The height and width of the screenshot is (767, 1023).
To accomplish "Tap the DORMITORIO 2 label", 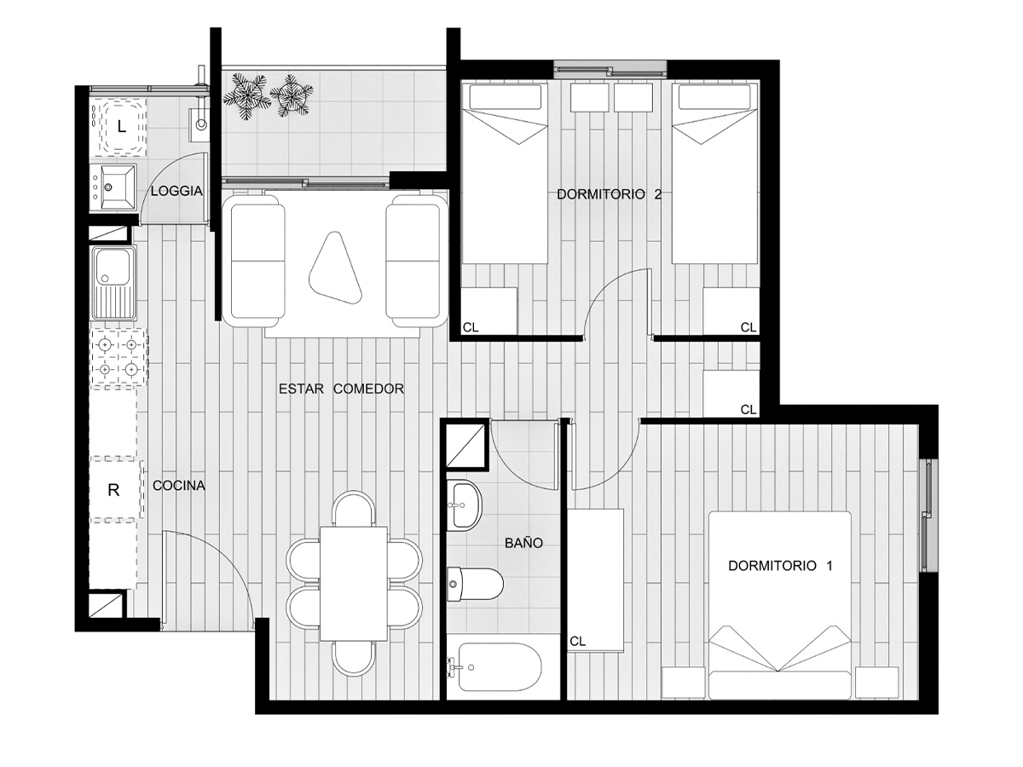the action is (x=609, y=194).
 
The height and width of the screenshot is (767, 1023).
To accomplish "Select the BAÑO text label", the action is (x=523, y=543).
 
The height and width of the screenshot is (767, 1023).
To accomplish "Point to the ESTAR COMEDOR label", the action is (x=341, y=389).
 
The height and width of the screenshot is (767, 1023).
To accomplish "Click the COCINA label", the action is (x=179, y=486).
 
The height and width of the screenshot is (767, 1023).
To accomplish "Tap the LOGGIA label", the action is (x=176, y=191).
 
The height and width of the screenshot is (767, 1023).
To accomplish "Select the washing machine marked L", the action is (x=121, y=127).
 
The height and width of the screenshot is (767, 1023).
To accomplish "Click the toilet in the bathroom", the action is (x=475, y=584).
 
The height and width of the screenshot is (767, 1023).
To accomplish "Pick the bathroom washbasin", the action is (x=465, y=505).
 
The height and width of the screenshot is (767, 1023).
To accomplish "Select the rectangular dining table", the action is (x=354, y=584).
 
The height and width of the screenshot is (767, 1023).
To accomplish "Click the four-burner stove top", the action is (x=119, y=357).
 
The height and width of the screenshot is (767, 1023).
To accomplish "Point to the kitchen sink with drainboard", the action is (x=114, y=284).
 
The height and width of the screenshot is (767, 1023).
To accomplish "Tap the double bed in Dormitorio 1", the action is (x=780, y=605).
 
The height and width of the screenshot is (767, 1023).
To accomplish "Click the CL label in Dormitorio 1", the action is (x=577, y=642).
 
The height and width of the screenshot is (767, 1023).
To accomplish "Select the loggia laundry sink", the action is (x=113, y=187).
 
